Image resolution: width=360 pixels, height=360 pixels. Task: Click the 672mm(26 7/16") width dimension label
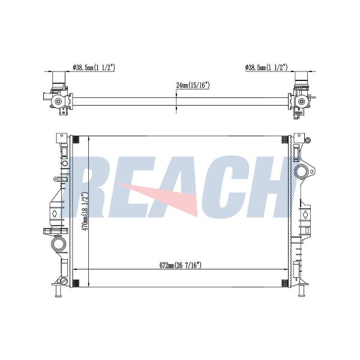click(x=181, y=265)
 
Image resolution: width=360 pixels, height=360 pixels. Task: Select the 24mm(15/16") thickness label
click(x=193, y=85)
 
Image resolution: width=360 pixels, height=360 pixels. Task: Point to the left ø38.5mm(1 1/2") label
click(x=94, y=67)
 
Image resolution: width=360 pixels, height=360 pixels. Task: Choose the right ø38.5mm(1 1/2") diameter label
click(x=266, y=67)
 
